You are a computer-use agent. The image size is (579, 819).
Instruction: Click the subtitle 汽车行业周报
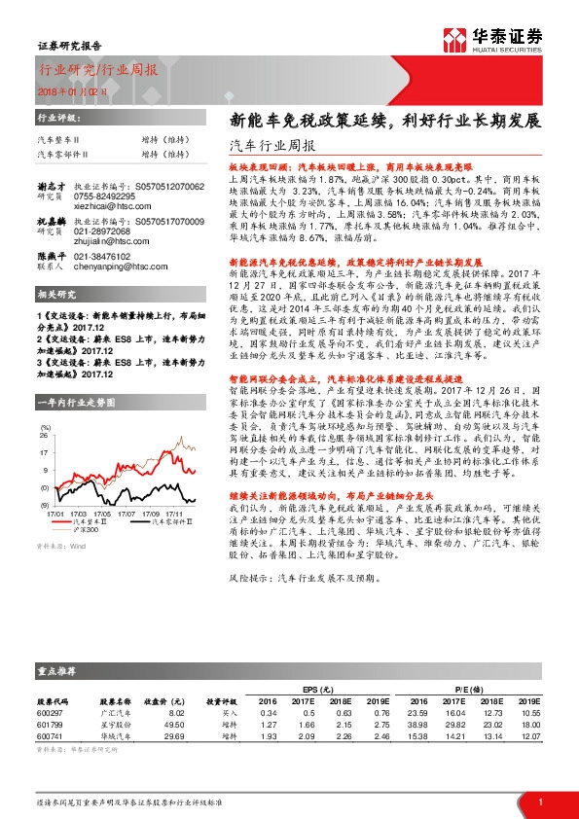(x=262, y=146)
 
